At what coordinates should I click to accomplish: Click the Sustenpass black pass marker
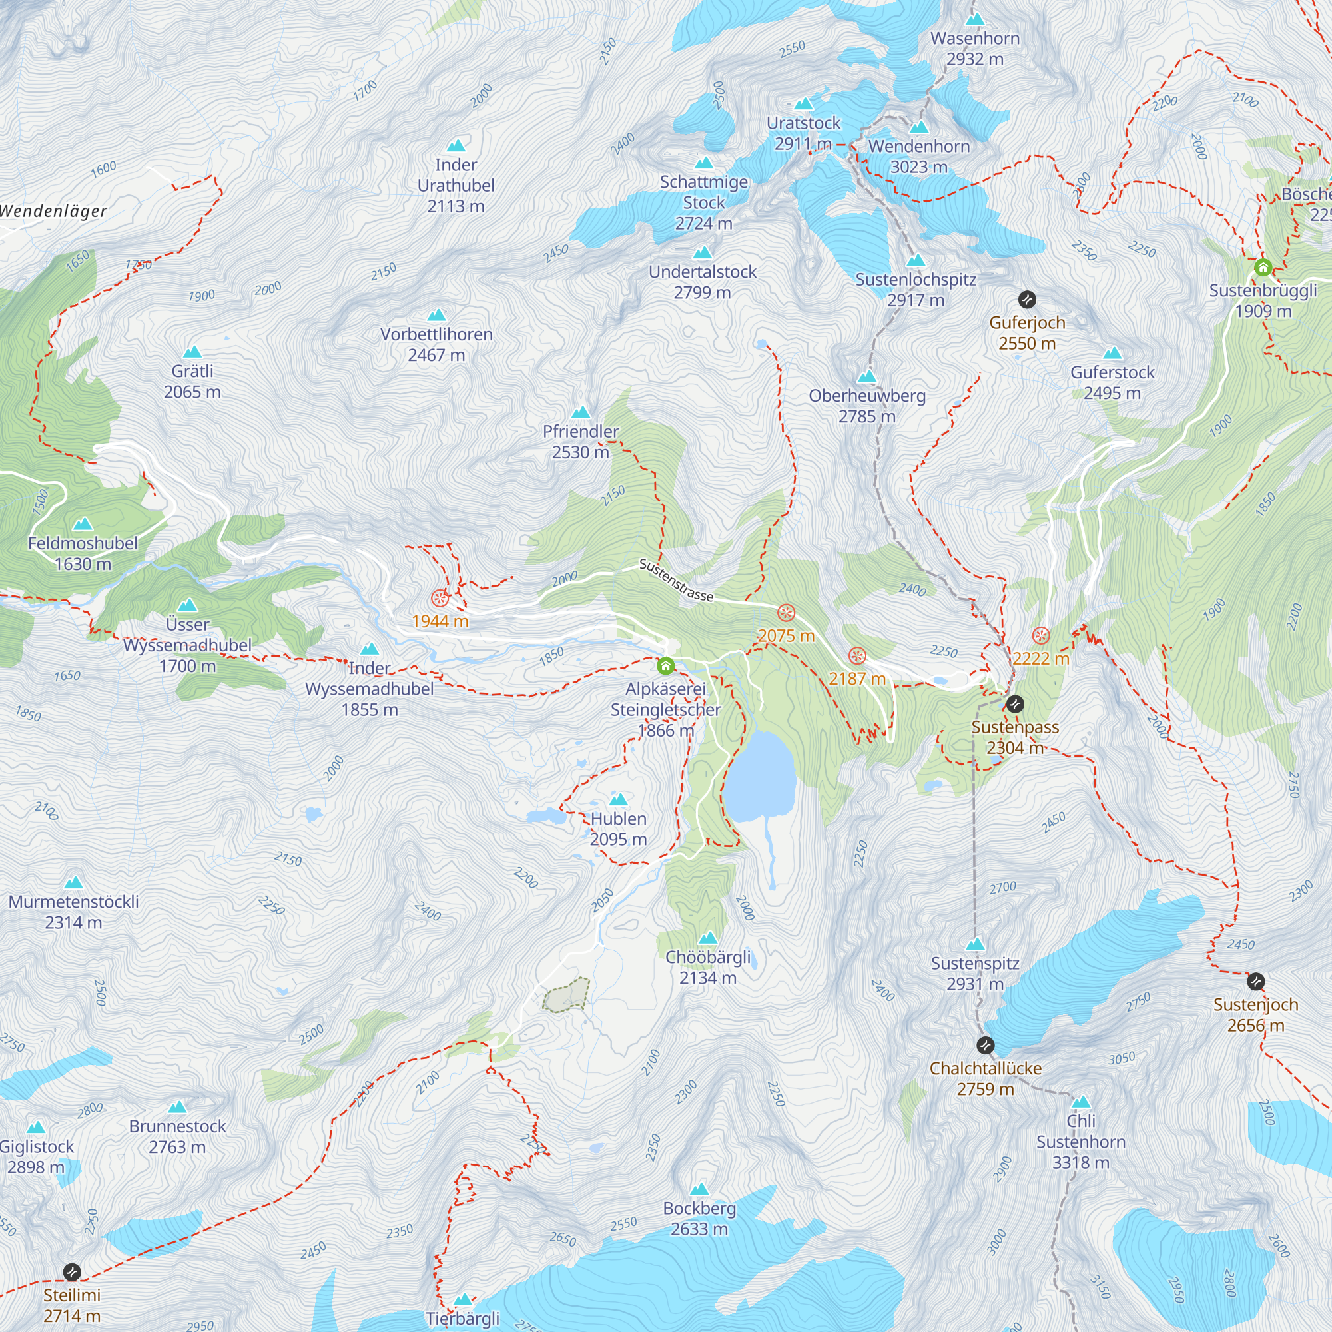coord(1015,704)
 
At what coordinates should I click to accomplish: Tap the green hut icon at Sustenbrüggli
coord(1263,268)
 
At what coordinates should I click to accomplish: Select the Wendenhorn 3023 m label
coord(919,157)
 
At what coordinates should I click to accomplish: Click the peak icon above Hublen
coord(619,800)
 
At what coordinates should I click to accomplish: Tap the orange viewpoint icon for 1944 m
coord(440,598)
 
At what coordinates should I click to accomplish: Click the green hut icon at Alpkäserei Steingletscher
coord(665,665)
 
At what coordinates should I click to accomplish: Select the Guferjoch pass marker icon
coord(1027,299)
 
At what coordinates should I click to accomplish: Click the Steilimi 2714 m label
coord(72,1305)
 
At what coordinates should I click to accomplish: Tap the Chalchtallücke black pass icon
coord(986,1045)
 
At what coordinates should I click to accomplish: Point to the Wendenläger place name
coord(54,211)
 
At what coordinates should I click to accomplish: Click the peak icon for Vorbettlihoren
coord(436,316)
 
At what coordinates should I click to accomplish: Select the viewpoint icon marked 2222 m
coord(1041,635)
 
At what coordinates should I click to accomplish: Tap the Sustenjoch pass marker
coord(1256,981)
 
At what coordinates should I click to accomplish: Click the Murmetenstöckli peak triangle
coord(73,883)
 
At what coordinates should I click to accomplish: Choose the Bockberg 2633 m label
coord(699,1218)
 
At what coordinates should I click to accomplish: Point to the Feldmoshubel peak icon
coord(83,524)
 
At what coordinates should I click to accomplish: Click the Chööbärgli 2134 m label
coord(708,967)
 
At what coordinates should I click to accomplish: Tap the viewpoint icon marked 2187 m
coord(857,655)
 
